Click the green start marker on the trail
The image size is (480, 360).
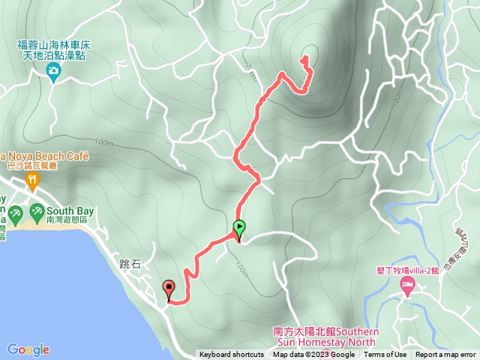click(239, 226)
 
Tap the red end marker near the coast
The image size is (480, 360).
click(169, 287)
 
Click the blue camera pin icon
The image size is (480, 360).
click(53, 71)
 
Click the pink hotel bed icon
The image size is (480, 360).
click(408, 284)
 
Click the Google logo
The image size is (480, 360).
click(28, 349)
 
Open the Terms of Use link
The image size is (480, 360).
click(385, 355)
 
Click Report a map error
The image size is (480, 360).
click(447, 355)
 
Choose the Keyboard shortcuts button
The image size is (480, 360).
click(232, 355)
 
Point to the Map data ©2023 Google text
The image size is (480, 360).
click(313, 355)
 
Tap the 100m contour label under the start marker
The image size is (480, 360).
click(241, 268)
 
